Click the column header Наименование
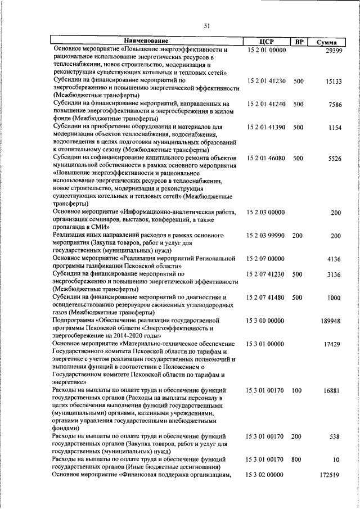pyautogui.click(x=146, y=41)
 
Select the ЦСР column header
pyautogui.click(x=267, y=42)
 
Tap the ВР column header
pyautogui.click(x=299, y=42)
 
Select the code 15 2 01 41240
pyautogui.click(x=267, y=104)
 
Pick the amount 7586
pyautogui.click(x=335, y=104)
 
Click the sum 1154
pyautogui.click(x=335, y=128)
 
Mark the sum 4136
pyautogui.click(x=335, y=259)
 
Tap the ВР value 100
pyautogui.click(x=298, y=390)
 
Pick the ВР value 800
pyautogui.click(x=298, y=460)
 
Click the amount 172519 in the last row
pyautogui.click(x=332, y=475)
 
